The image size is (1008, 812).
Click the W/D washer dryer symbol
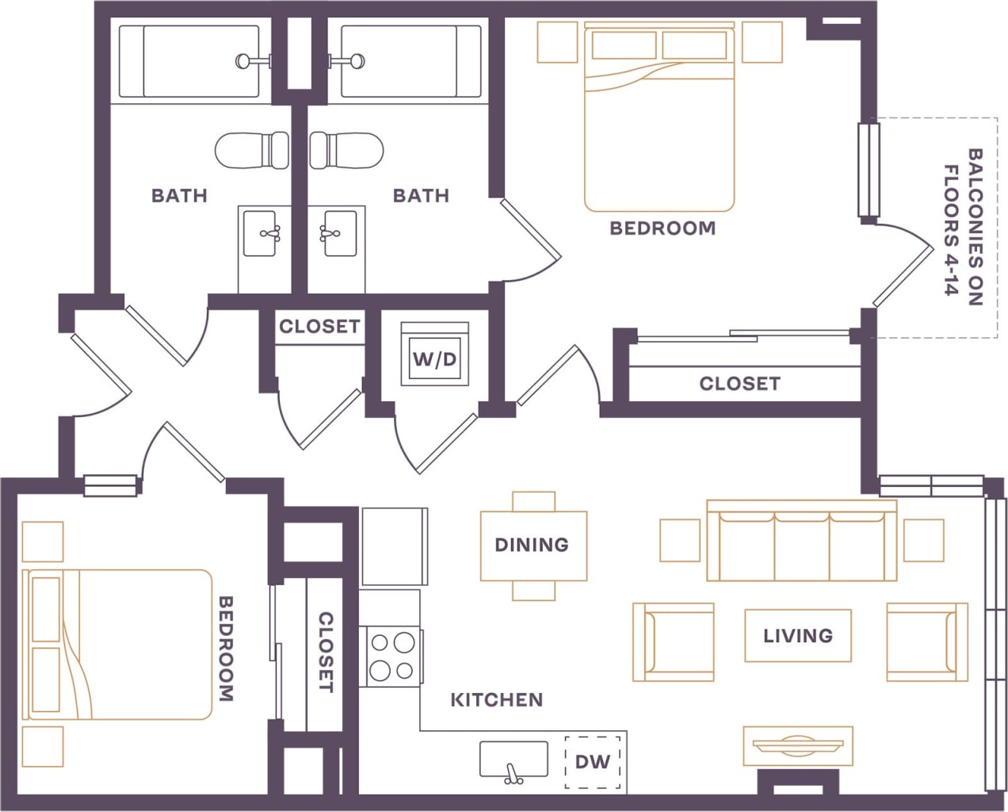434,359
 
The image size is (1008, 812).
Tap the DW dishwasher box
592,762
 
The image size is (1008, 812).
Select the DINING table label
532,545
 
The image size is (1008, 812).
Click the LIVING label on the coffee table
797,635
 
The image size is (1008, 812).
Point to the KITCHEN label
496,699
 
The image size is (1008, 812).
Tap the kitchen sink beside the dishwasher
514,760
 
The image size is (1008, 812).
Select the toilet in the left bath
252,150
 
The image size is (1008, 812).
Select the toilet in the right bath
346,150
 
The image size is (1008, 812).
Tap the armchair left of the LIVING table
674,642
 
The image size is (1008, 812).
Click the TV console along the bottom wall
798,745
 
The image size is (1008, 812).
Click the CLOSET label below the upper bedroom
739,384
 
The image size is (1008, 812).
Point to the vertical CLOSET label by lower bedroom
325,651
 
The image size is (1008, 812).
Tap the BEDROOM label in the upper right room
662,228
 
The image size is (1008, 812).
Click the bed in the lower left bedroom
119,644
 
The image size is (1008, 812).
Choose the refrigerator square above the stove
394,547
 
